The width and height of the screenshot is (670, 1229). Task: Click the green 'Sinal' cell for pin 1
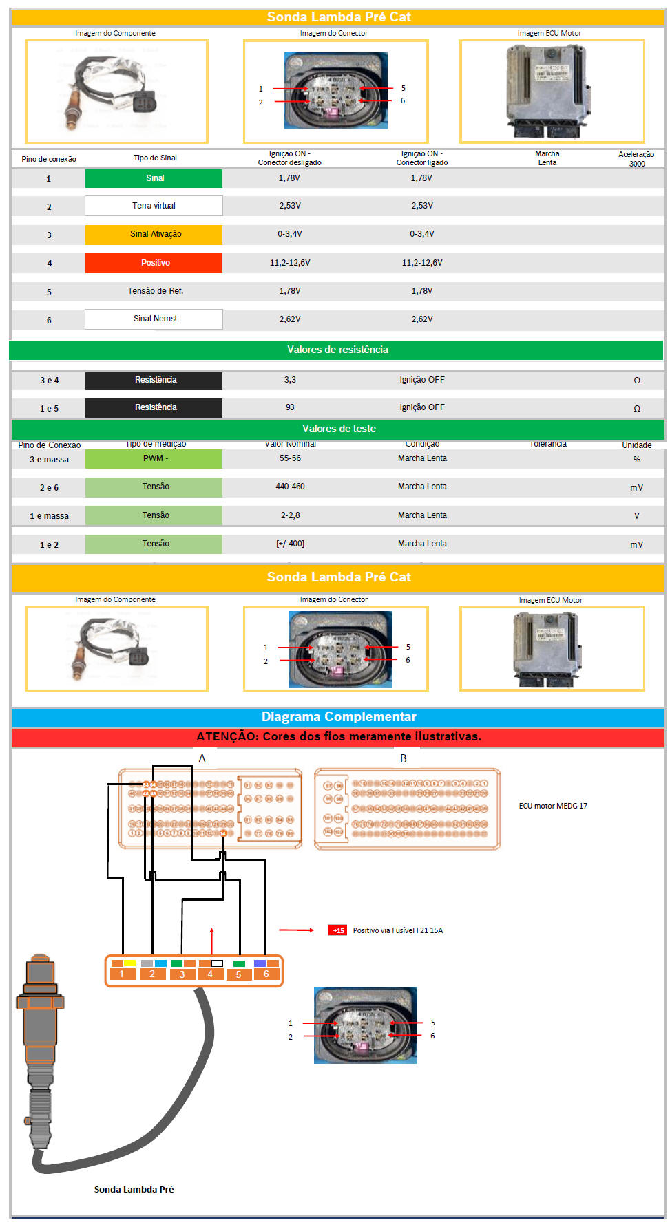pos(154,178)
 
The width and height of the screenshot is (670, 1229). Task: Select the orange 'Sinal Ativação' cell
pos(154,234)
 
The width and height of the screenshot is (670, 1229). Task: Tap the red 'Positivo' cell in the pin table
pos(154,263)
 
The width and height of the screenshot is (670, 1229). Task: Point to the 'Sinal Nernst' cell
pos(154,319)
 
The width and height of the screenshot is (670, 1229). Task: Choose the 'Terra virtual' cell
pos(154,206)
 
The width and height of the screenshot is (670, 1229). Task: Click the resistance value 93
pos(290,407)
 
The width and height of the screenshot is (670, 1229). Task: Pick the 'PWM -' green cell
pos(154,458)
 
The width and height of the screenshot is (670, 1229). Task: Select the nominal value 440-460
pos(290,487)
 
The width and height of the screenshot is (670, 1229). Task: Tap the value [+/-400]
pos(290,544)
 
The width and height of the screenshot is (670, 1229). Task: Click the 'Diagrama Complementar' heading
pos(338,717)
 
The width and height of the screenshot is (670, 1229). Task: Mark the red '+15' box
pos(337,930)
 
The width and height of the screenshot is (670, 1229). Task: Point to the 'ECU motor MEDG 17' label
pos(553,806)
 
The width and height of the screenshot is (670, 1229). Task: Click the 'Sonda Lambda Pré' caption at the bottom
pos(134,1189)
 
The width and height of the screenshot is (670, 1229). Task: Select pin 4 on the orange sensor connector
pos(210,974)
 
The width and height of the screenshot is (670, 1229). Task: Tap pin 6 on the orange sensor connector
pos(266,974)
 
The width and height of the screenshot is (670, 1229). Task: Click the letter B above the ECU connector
pos(404,758)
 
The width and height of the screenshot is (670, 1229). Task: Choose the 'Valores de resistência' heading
pos(337,350)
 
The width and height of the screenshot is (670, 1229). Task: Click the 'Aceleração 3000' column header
pos(636,159)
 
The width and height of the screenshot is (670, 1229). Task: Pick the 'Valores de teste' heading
pos(339,429)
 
